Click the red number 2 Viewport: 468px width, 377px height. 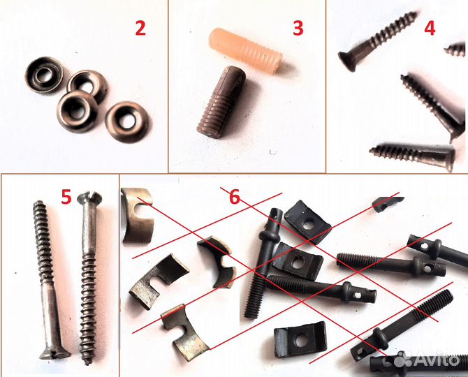140,29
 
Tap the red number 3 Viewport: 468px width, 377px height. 298,29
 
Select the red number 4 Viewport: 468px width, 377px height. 430,29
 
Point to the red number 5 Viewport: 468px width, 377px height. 66,197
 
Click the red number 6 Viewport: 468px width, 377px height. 235,197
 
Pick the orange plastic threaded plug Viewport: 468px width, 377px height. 245,50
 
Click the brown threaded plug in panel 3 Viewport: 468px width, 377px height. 221,102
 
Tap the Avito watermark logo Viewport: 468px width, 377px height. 427,359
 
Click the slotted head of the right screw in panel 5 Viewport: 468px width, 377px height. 89,198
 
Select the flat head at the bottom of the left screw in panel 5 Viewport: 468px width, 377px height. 55,354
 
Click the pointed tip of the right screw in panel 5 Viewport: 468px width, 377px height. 88,362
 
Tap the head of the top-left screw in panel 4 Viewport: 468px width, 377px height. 348,60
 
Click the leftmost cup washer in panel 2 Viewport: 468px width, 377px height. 44,75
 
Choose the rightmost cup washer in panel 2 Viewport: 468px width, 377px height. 127,122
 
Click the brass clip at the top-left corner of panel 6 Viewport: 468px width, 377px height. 138,215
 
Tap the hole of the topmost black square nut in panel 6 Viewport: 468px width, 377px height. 309,224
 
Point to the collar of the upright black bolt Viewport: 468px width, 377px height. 269,237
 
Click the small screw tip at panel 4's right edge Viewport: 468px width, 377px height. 455,49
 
